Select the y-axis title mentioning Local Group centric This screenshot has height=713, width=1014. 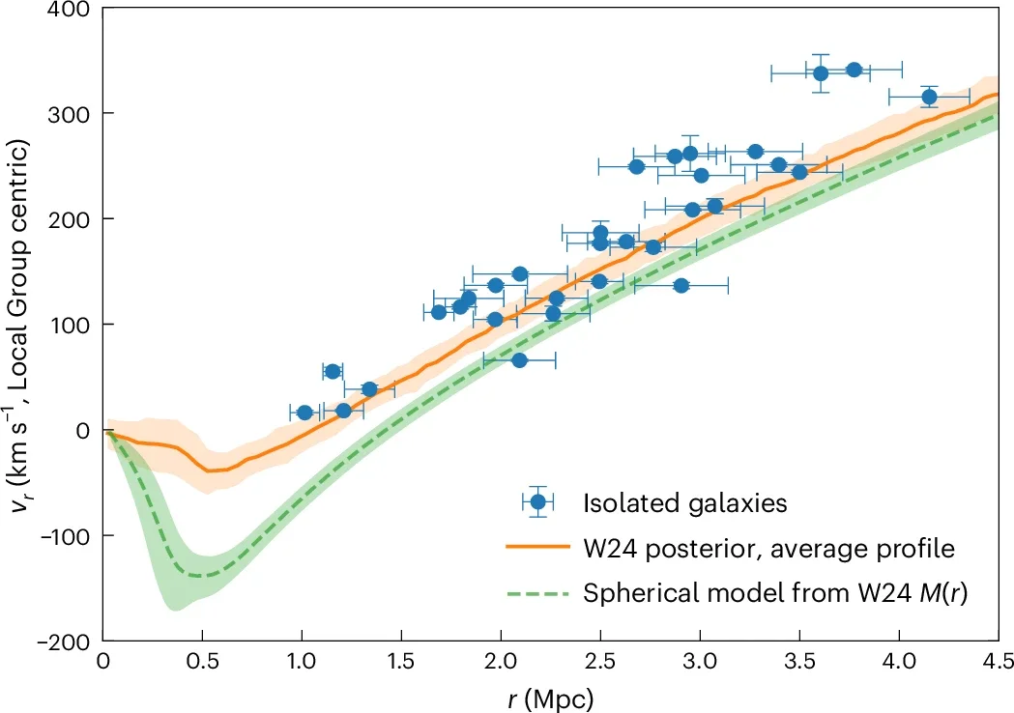click(x=21, y=324)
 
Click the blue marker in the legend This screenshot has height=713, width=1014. click(x=539, y=502)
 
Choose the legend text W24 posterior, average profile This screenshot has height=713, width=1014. click(x=768, y=549)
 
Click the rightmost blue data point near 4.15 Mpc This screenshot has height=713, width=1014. click(x=929, y=97)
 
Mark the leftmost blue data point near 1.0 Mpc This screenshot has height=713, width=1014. click(x=304, y=413)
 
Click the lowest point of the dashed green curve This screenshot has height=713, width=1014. click(x=197, y=576)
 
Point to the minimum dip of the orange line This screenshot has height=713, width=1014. click(x=209, y=471)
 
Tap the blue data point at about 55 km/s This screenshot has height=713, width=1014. click(x=333, y=372)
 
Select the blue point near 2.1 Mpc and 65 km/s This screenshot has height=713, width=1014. click(x=519, y=360)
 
